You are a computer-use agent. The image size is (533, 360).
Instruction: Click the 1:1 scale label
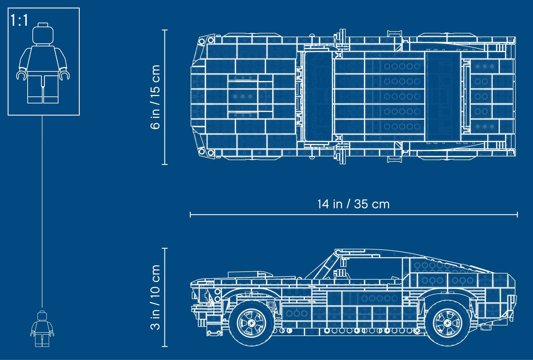19,20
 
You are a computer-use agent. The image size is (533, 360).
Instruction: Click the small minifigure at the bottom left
42,329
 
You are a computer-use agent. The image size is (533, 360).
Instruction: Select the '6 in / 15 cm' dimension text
155,97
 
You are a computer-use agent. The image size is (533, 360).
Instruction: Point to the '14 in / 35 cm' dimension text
353,204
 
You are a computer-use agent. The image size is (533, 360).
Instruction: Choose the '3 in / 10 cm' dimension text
155,297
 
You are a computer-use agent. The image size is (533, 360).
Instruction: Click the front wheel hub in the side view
252,323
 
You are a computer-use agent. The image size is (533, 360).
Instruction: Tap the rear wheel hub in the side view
448,323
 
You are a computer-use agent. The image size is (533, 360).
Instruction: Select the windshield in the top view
318,97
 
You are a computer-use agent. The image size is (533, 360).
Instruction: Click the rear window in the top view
443,97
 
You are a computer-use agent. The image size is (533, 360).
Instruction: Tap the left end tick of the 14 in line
190,215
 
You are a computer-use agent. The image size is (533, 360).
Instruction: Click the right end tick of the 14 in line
517,215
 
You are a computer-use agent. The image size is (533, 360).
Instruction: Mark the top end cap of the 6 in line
165,30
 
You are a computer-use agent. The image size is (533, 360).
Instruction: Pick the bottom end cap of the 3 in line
165,346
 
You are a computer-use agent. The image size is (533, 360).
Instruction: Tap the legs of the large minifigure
43,87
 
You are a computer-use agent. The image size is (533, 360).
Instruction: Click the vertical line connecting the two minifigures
42,211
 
